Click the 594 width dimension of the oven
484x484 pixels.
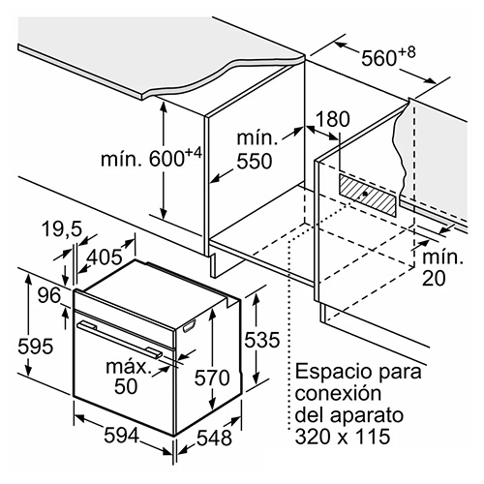[x=121, y=436]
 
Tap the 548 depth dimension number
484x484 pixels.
[x=214, y=438]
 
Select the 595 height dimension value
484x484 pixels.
[x=35, y=347]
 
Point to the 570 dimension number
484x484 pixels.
[x=212, y=378]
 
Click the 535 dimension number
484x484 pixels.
[x=261, y=340]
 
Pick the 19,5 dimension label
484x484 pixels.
[x=62, y=229]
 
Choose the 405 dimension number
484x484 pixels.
[x=106, y=257]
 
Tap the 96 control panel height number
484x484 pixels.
[x=49, y=295]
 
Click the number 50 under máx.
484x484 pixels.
[x=126, y=386]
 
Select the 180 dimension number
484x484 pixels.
[x=333, y=119]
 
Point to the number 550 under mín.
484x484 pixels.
[x=255, y=162]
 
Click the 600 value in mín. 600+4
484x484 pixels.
[x=166, y=159]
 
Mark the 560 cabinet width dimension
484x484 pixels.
[x=378, y=58]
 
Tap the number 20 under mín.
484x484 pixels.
[x=434, y=278]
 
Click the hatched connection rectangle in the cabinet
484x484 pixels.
[x=367, y=196]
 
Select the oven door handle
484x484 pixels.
[x=119, y=339]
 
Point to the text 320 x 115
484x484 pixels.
[x=343, y=437]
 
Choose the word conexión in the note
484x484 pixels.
[x=338, y=393]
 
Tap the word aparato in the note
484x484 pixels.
[x=367, y=416]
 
